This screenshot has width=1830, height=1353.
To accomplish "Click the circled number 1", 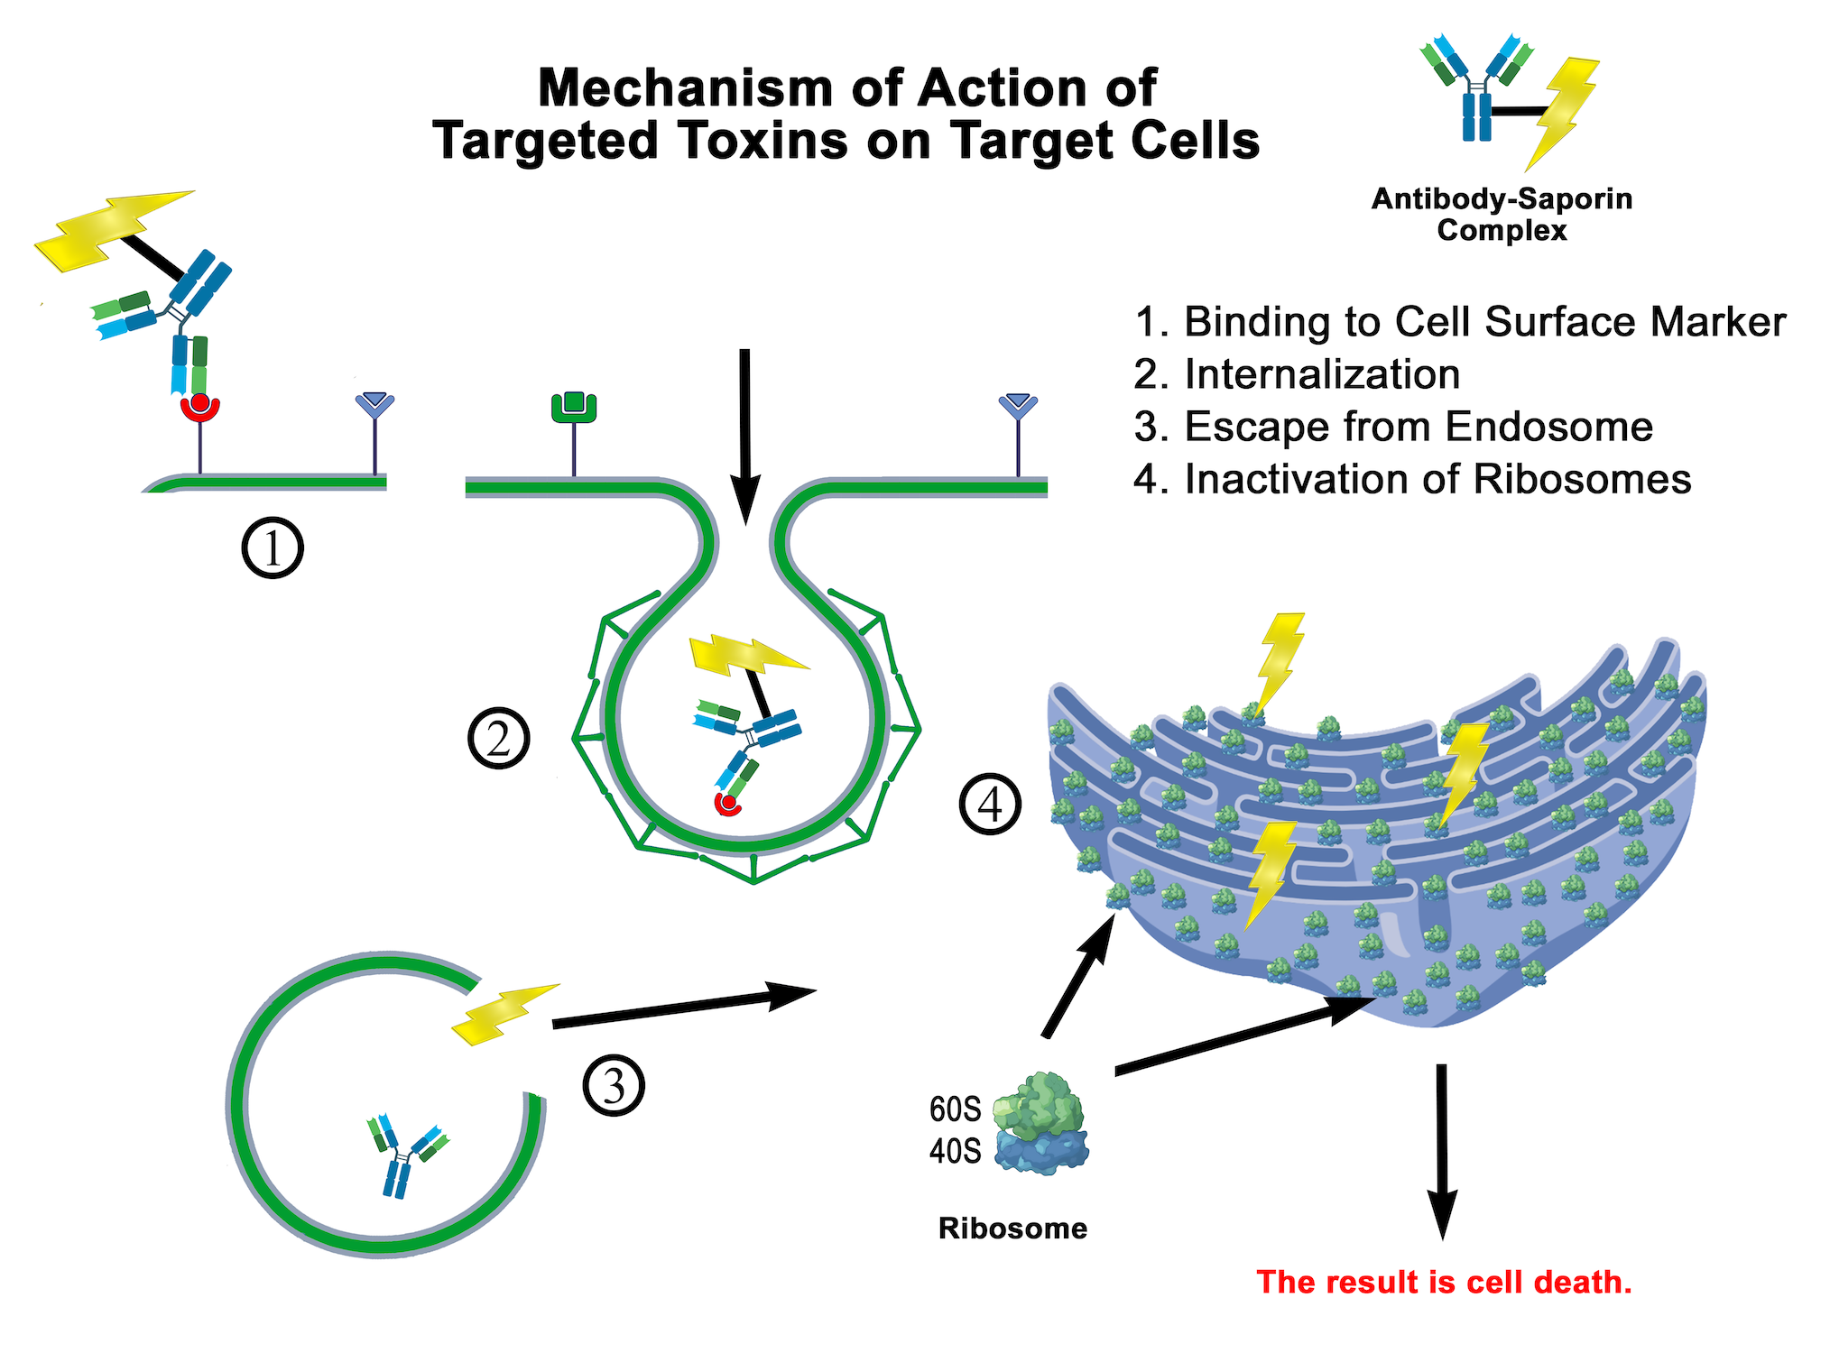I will (x=273, y=548).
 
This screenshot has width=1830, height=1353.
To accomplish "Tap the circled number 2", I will (x=499, y=739).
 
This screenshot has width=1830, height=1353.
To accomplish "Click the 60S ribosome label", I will (x=955, y=1109).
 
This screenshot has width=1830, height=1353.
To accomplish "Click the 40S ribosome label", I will (x=955, y=1151).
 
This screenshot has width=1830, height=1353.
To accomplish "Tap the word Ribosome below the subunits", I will (x=1012, y=1229).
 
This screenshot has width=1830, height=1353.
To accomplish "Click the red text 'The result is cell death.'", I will (x=1444, y=1282).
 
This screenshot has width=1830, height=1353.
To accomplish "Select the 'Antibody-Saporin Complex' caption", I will (x=1502, y=215).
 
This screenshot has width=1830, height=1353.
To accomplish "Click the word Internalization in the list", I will (x=1322, y=374).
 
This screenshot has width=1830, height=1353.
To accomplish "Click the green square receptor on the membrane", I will (x=574, y=408).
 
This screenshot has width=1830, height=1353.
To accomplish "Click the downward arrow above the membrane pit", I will (x=744, y=433).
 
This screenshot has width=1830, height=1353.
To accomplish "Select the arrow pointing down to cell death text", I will (x=1442, y=1150).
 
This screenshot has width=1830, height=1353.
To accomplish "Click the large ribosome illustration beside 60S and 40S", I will (x=1040, y=1123).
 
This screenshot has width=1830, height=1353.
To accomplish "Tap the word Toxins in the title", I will (x=765, y=141).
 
